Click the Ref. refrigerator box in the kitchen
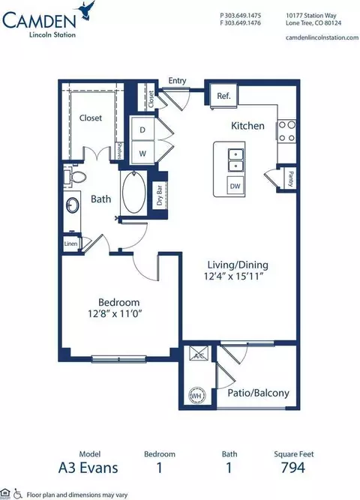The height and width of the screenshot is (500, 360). pyautogui.click(x=223, y=96)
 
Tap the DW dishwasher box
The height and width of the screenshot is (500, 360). pyautogui.click(x=235, y=185)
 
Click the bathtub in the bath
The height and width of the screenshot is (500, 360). pyautogui.click(x=136, y=193)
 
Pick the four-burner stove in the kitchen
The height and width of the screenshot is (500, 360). pyautogui.click(x=287, y=133)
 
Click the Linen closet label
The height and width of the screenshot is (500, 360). pyautogui.click(x=70, y=244)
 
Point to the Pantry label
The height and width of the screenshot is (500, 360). pyautogui.click(x=289, y=179)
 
